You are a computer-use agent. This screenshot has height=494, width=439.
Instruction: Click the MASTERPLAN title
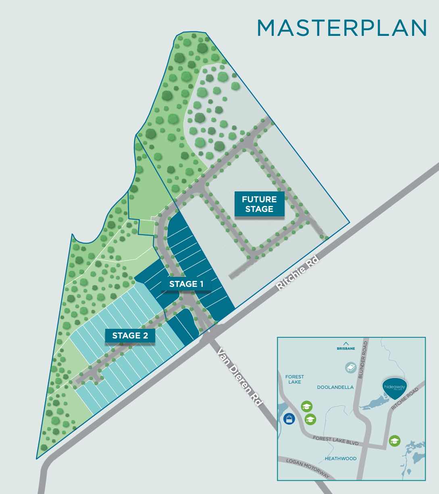[342, 28]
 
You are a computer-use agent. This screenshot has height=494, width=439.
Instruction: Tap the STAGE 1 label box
[186, 284]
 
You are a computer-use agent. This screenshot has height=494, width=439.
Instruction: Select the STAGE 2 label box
[130, 335]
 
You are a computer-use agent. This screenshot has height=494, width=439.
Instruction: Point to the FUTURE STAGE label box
[259, 204]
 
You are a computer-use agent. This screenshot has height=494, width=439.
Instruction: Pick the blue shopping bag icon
[289, 419]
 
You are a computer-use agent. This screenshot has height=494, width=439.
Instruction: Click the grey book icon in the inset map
[351, 367]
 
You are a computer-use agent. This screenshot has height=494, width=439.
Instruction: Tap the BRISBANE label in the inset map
[345, 349]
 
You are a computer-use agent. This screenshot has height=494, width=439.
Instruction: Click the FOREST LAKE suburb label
[295, 379]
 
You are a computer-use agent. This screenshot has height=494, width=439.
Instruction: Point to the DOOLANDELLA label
[335, 387]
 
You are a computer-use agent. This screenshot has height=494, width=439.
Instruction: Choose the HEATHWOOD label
[341, 459]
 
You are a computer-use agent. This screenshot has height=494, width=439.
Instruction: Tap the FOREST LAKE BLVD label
[335, 440]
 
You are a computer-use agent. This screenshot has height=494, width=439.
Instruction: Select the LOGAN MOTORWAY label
[307, 468]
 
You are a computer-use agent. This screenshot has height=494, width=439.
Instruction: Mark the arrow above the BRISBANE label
[345, 344]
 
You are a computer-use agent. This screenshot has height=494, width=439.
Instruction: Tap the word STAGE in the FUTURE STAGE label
[259, 209]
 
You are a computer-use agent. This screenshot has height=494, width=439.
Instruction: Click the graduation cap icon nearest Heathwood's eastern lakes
[395, 441]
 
